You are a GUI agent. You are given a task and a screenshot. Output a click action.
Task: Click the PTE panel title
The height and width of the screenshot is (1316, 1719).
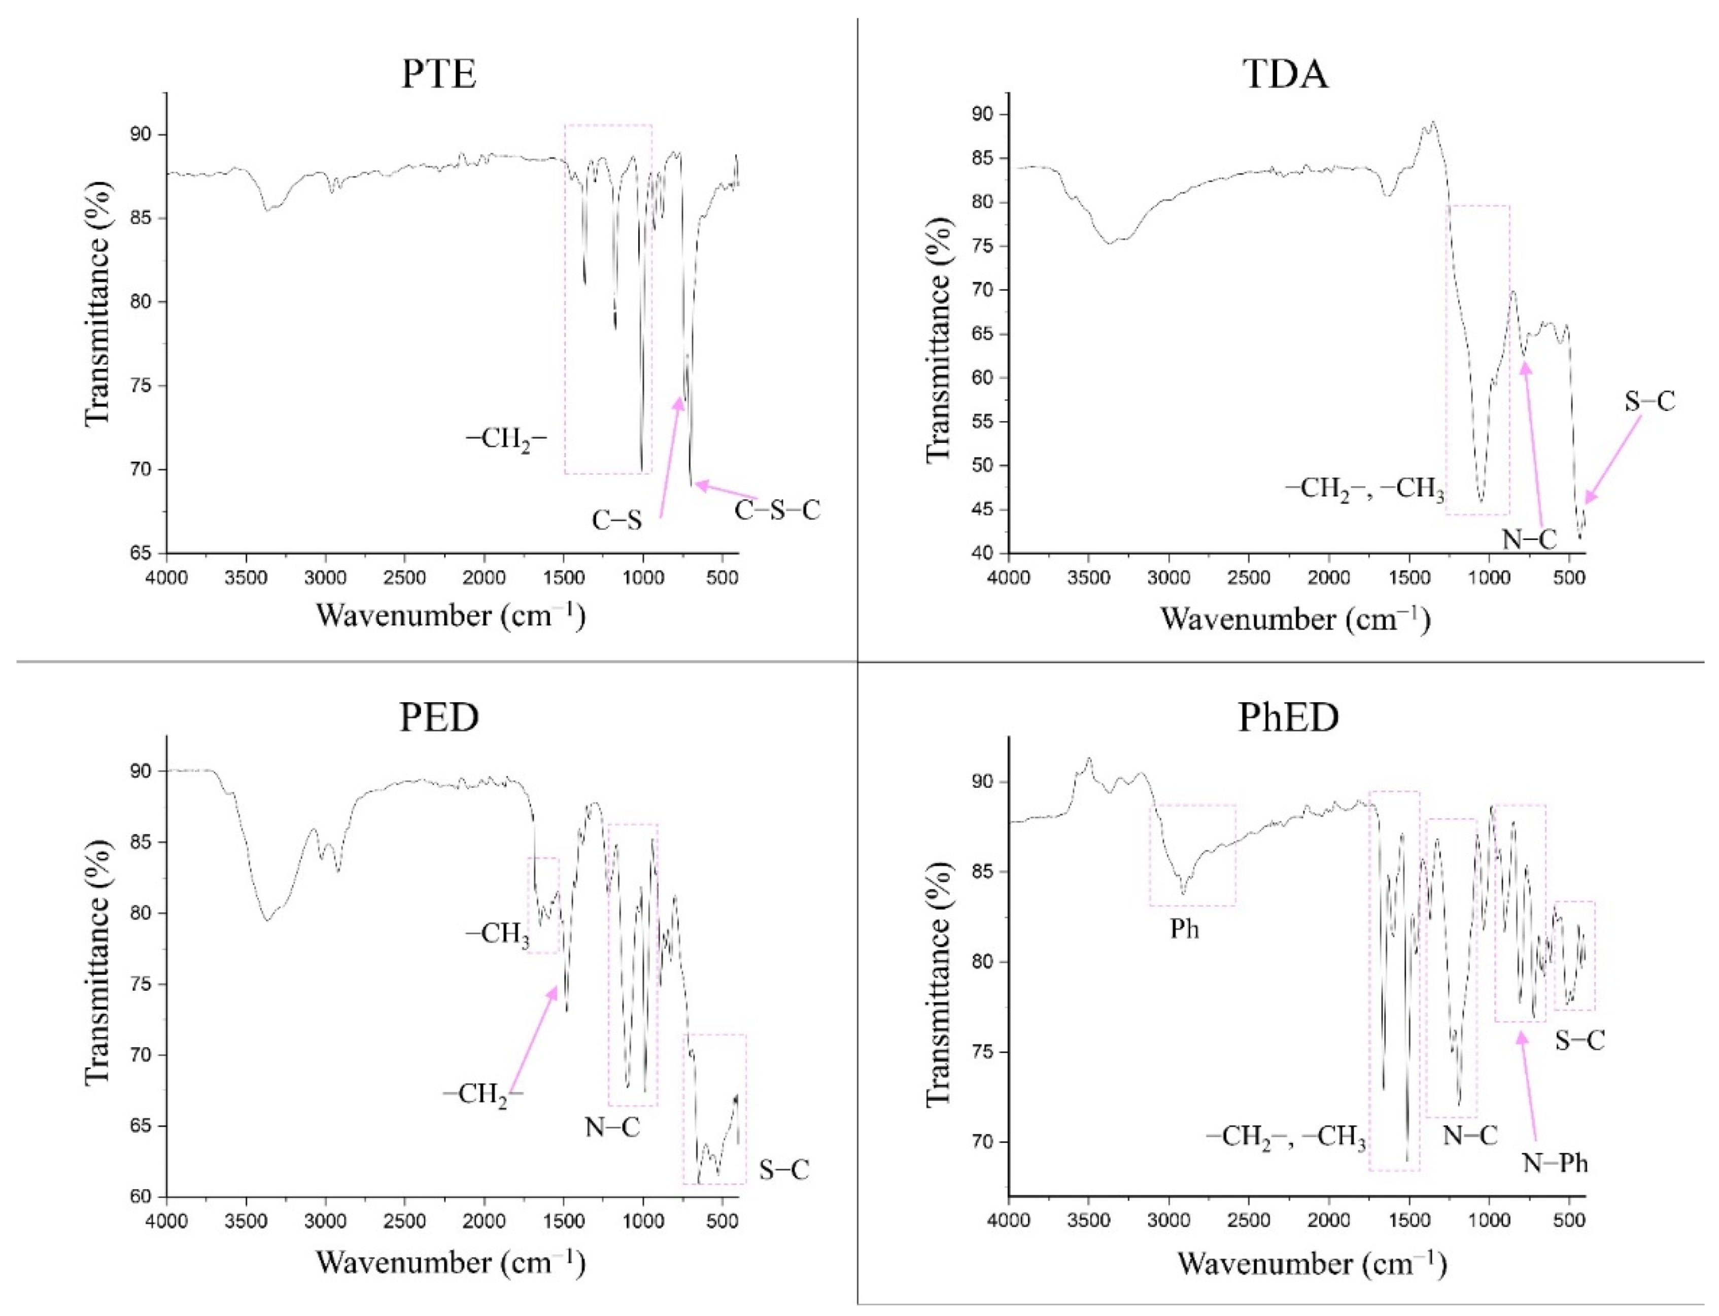click(439, 75)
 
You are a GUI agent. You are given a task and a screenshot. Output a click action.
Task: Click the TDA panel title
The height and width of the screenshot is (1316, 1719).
click(1286, 75)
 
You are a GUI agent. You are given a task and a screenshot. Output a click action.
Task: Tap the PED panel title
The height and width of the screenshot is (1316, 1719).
click(439, 717)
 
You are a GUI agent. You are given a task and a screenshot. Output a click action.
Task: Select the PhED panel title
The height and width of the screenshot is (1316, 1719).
click(1288, 717)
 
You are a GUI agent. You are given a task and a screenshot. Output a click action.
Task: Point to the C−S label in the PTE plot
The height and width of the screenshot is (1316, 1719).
click(616, 520)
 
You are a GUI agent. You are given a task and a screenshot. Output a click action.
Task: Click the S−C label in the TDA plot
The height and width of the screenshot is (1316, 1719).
click(1649, 402)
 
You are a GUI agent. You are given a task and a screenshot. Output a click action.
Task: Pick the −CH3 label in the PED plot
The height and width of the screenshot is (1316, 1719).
click(498, 934)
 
